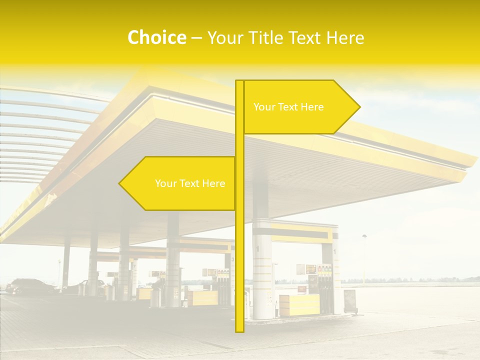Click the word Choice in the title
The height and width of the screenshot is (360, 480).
coord(156,38)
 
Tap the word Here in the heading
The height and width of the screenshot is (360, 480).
coord(345,38)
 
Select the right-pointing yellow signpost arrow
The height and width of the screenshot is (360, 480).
coord(300,107)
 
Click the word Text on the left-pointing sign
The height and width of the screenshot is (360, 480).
coord(190,183)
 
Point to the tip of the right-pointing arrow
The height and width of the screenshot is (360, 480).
coord(359,106)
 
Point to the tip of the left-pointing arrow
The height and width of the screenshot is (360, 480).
coord(119,183)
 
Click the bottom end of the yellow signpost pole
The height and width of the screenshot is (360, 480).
coord(239,330)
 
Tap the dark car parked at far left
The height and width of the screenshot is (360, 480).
coord(30,286)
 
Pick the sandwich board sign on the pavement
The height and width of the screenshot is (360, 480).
coord(349,301)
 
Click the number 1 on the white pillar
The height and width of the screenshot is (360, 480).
coord(258,248)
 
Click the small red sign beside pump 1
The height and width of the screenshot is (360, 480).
coord(301,288)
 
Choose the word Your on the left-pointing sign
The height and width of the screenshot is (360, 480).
coord(165,183)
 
